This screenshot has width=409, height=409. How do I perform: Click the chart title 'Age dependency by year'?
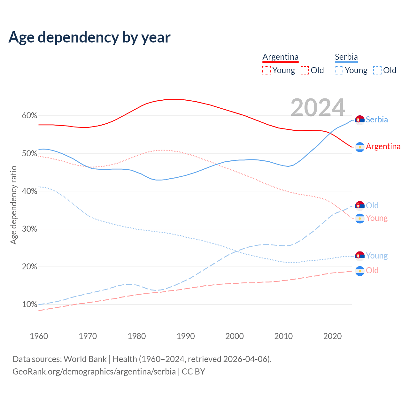pos(89,37)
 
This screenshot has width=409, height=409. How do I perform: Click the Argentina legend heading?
pos(280,57)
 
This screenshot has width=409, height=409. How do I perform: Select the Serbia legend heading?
pos(346,57)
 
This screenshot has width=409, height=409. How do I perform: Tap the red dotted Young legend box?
pos(266,70)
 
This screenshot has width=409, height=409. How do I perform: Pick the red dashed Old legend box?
pos(305,70)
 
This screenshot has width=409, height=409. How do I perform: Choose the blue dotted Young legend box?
pos(339,70)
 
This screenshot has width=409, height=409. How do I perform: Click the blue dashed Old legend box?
pos(377,70)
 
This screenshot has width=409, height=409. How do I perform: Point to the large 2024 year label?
pos(318,108)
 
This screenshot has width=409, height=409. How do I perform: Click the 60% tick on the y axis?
pos(29,116)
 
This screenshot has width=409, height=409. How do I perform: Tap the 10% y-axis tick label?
pos(29,305)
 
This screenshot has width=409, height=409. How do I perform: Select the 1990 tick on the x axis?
pos(186,336)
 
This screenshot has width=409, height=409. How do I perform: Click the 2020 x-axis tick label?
pos(332,336)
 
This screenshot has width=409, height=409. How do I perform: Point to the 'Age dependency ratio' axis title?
pos(13,205)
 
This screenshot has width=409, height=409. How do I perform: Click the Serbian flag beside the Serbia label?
pos(360,120)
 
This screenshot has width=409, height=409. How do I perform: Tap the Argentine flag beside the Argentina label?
pos(360,147)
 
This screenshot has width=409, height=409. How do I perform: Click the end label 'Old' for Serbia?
pos(372,205)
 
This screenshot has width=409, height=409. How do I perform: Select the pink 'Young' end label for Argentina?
pos(377,218)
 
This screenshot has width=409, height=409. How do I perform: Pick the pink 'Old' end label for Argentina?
pos(372,271)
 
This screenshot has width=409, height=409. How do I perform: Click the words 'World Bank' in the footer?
pos(85,359)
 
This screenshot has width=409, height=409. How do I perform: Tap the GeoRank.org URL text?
pos(94,372)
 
